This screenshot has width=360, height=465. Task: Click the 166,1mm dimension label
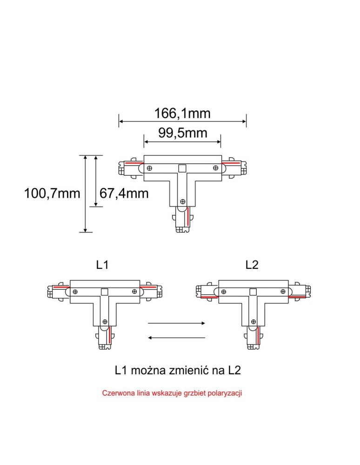click(x=182, y=113)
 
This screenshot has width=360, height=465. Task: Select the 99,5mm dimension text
click(x=182, y=133)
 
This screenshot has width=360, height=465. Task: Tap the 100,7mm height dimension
click(x=52, y=193)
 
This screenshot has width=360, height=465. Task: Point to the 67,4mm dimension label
click(x=124, y=193)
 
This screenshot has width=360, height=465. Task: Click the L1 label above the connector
click(x=102, y=265)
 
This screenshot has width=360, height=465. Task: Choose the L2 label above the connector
click(x=252, y=265)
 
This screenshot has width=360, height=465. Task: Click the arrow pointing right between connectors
click(x=177, y=323)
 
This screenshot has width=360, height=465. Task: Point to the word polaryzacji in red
click(x=225, y=393)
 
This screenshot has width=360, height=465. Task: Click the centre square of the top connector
click(x=182, y=167)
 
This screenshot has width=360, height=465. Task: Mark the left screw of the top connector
click(x=150, y=167)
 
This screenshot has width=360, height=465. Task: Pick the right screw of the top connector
click(x=215, y=167)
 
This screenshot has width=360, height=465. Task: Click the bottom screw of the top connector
click(x=182, y=201)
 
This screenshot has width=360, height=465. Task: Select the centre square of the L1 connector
click(x=105, y=292)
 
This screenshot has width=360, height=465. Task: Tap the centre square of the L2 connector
click(x=253, y=292)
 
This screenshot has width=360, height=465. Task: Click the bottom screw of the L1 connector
click(x=105, y=321)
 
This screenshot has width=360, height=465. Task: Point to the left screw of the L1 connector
click(x=75, y=292)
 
